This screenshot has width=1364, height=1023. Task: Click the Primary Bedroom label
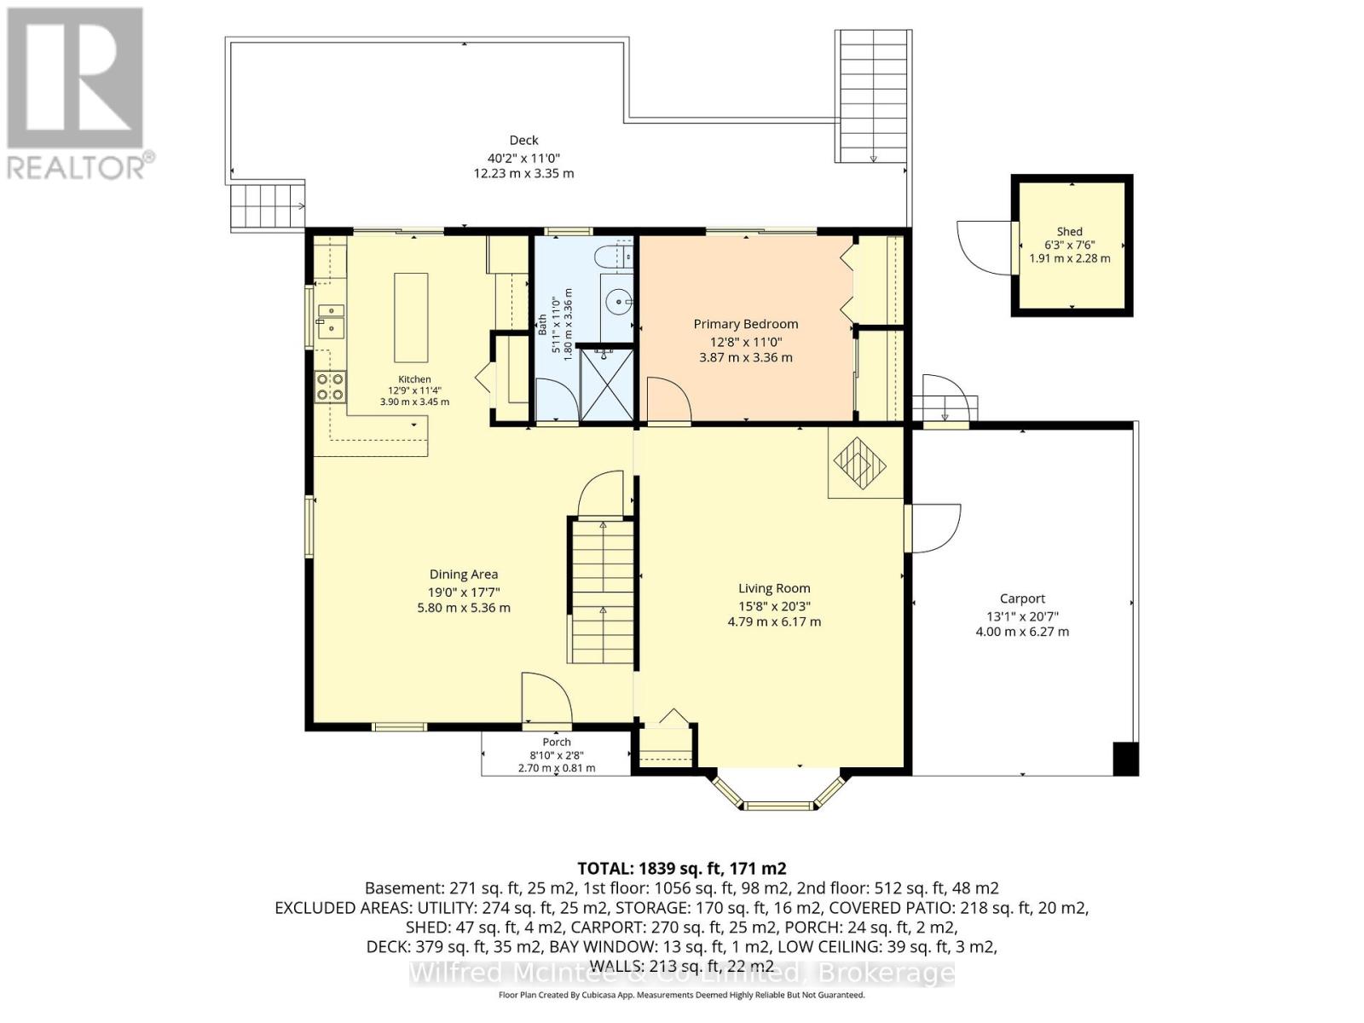[745, 324]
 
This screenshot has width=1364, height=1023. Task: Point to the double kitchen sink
[331, 321]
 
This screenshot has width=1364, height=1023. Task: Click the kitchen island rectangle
[411, 317]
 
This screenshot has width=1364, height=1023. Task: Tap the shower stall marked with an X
[606, 385]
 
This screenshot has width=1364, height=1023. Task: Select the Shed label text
[1069, 232]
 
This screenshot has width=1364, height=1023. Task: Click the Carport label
[1022, 598]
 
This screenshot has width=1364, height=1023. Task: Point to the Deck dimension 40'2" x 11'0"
[523, 158]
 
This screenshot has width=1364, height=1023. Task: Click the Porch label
[556, 742]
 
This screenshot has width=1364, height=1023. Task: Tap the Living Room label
[774, 587]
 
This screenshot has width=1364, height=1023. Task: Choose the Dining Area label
[464, 575]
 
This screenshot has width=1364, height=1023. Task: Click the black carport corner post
[1125, 759]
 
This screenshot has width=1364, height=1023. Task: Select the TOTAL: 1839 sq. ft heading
[682, 869]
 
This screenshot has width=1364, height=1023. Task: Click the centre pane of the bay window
[778, 806]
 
